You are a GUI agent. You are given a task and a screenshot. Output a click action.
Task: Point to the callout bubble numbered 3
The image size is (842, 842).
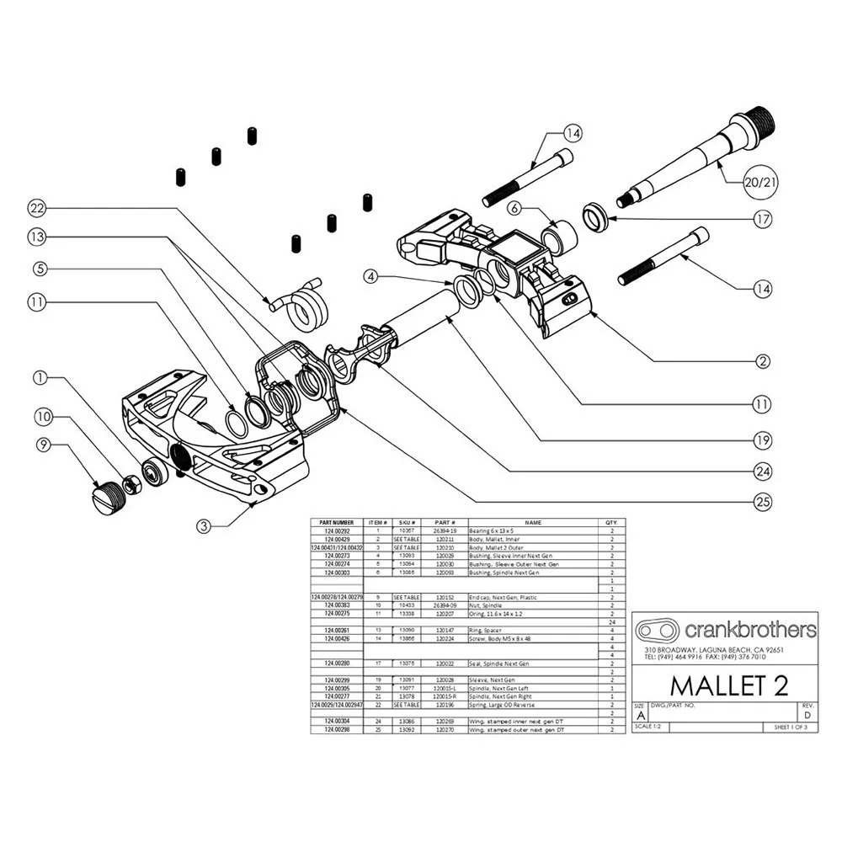(203, 527)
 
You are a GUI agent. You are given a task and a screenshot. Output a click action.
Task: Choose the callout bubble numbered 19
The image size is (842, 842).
(762, 438)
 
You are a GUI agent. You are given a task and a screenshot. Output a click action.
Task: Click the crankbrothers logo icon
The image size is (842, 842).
(658, 631)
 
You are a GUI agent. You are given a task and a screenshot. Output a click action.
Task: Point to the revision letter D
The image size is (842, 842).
(807, 715)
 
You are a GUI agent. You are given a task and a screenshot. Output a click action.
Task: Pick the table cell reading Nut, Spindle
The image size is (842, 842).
(491, 605)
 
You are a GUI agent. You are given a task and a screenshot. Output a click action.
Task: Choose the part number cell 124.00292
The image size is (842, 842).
(337, 531)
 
